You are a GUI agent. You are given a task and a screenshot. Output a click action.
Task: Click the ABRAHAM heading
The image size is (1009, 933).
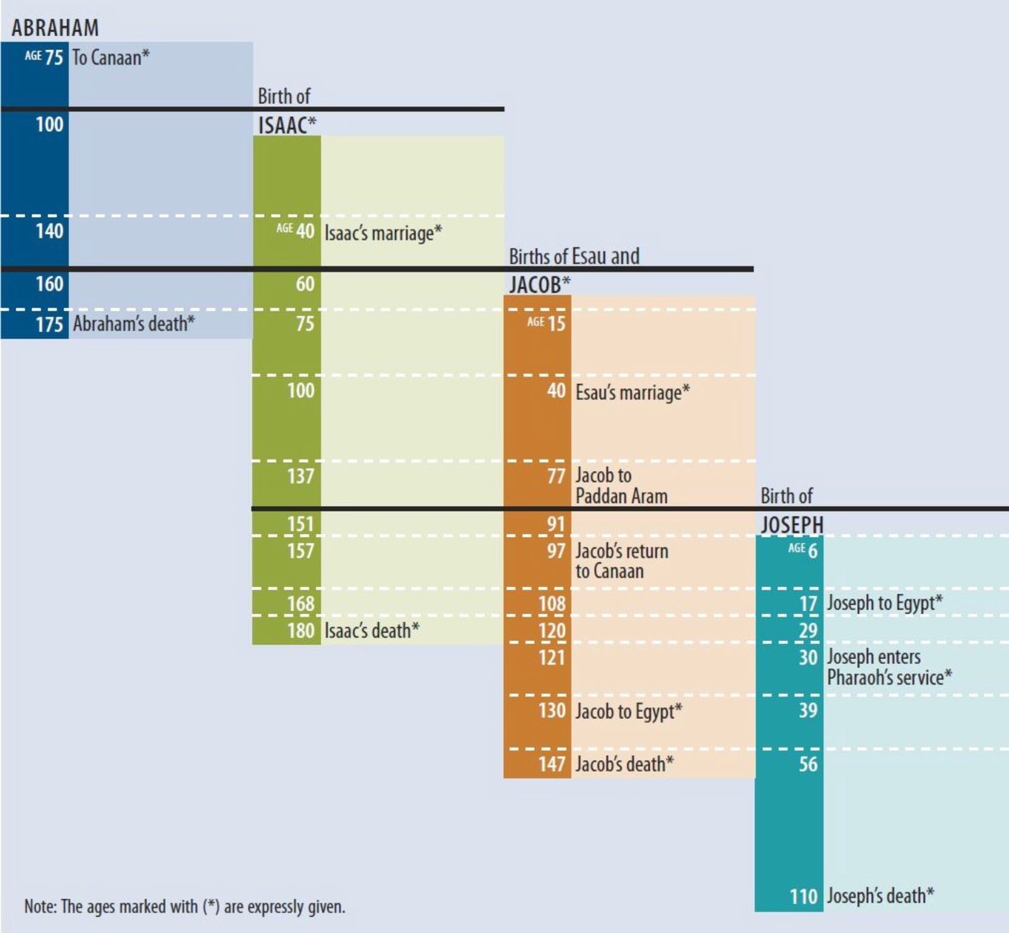coord(55,28)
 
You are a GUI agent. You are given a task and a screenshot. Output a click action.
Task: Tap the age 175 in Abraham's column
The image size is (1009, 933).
coord(49,324)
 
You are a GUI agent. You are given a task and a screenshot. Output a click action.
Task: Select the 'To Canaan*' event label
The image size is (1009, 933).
coord(111,57)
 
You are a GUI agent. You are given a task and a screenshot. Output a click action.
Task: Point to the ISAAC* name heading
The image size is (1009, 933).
coord(286,125)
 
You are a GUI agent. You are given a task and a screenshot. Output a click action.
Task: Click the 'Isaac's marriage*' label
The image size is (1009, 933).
coord(383,233)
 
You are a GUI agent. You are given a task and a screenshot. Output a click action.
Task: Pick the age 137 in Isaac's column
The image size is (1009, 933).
coord(301,475)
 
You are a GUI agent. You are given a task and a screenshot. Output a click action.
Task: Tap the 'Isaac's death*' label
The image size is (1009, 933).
coord(371,630)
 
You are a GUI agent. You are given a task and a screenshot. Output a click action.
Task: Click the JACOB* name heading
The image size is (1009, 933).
coord(539,285)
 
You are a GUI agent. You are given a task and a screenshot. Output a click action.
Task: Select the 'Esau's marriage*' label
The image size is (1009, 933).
coord(633,392)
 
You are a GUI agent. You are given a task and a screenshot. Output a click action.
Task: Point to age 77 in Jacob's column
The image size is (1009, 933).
coord(556,475)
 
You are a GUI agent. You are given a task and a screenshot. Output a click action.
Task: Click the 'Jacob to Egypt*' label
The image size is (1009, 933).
coord(629,711)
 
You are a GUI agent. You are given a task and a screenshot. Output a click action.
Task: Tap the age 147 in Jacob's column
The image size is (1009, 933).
coord(552,764)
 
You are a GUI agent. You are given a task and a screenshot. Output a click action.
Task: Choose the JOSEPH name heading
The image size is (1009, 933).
coord(791,524)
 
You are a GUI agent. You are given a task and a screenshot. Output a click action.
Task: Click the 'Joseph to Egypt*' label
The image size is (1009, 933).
coord(885,603)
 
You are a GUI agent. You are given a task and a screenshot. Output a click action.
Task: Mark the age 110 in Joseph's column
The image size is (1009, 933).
coord(803,896)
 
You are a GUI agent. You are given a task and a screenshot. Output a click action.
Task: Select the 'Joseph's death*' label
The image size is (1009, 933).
coord(880,895)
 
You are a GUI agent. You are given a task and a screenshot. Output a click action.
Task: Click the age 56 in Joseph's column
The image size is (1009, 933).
coord(808,764)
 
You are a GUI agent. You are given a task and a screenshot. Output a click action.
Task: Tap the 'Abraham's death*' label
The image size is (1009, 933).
coord(134,323)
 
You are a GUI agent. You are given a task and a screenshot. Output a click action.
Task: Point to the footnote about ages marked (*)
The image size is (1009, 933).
coord(185,907)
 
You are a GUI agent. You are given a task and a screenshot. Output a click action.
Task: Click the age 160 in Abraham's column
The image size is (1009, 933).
coord(49,284)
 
